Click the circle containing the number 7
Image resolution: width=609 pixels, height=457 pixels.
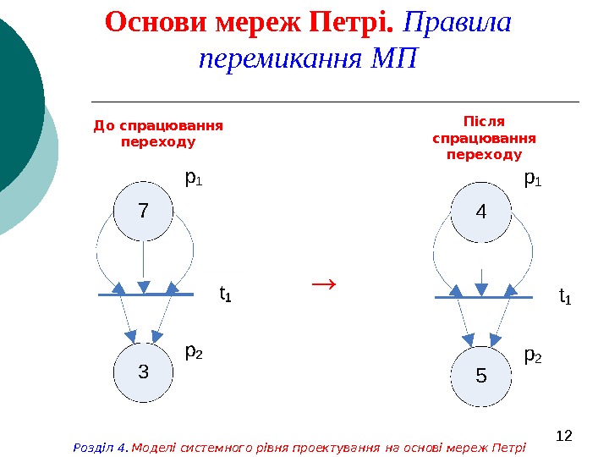click(143, 211)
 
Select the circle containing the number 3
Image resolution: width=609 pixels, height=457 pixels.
click(143, 372)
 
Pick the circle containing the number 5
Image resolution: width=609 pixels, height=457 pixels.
click(481, 375)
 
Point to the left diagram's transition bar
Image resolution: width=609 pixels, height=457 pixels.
click(145, 295)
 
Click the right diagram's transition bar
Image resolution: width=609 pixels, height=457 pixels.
click(483, 298)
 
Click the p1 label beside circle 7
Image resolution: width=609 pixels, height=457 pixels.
click(194, 179)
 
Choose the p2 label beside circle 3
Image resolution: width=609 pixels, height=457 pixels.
click(194, 350)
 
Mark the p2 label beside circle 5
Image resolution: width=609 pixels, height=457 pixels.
click(533, 356)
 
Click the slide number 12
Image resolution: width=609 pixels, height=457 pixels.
click(565, 435)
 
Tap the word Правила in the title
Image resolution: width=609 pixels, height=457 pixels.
click(465, 23)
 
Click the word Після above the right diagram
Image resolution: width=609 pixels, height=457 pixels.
click(484, 121)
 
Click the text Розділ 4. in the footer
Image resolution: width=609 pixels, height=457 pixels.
click(101, 447)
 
